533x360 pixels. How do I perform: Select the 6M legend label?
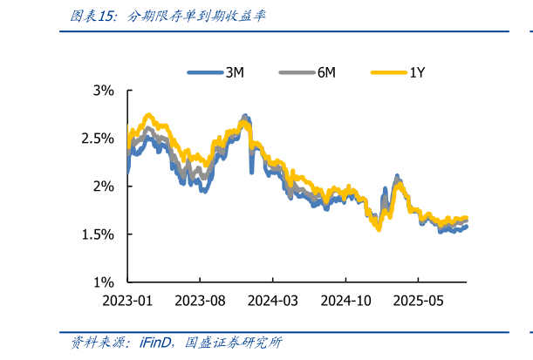tap(326, 73)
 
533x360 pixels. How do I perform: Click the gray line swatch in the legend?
tap(297, 73)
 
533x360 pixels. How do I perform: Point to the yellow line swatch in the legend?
tap(388, 73)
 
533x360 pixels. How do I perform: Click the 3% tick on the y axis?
tap(105, 90)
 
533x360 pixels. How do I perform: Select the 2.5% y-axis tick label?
tap(99, 138)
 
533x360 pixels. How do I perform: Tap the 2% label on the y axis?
tap(105, 186)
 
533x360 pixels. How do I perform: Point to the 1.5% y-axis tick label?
tap(99, 234)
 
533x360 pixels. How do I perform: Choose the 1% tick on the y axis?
tap(105, 282)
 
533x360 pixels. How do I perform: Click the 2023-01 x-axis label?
tap(128, 301)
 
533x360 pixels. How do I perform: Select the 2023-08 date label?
tap(200, 301)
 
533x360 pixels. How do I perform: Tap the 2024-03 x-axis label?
tap(272, 301)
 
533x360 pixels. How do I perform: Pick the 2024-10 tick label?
tap(345, 301)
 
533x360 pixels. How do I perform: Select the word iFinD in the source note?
tap(158, 343)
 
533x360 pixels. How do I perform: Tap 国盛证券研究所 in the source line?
tap(233, 343)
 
